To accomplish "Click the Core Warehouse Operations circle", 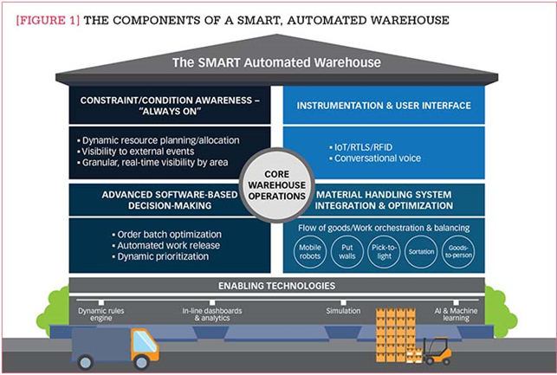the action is point(276,185).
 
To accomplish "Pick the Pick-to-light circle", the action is point(384,252).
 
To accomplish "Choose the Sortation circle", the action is point(421,252).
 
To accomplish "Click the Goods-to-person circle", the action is point(458,252).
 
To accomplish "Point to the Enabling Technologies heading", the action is point(276,286).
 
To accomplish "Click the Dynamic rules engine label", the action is point(101,314).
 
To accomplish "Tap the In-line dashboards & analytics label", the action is point(212,314).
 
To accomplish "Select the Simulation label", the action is point(343,311).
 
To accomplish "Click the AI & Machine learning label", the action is point(456,314).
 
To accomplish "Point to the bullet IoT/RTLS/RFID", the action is point(361,147).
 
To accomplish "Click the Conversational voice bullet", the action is point(375,158).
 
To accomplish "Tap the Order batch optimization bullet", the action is point(166,235).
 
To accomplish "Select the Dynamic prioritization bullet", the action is point(160,256).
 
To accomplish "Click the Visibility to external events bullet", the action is point(136,152).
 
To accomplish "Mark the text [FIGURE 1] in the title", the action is point(48,20).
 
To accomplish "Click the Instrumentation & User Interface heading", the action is point(384,106).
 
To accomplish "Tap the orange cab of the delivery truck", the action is point(144,346).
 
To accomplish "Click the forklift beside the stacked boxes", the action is point(437,351).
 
